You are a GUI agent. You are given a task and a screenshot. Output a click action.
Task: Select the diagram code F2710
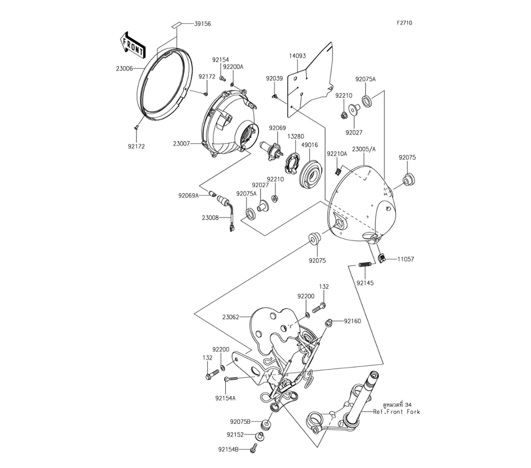pyautogui.click(x=404, y=23)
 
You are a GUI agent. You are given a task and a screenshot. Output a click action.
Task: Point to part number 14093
pyautogui.click(x=298, y=55)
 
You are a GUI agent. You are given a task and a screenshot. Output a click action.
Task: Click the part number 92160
pyautogui.click(x=352, y=321)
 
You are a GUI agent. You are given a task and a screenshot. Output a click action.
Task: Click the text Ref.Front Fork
pyautogui.click(x=396, y=412)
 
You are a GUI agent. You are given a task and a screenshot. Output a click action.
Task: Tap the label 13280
pyautogui.click(x=295, y=136)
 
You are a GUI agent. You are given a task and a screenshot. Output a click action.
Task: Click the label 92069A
pyautogui.click(x=189, y=196)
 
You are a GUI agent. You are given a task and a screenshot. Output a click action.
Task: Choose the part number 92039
pyautogui.click(x=275, y=78)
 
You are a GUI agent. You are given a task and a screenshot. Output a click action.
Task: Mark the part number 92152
pyautogui.click(x=235, y=434)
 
